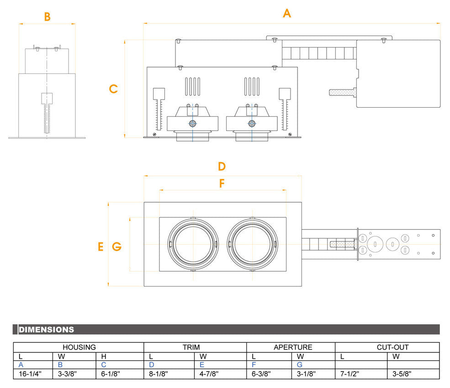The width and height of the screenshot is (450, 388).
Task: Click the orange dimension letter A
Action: pyautogui.click(x=286, y=13)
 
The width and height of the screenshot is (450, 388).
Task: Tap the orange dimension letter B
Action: pyautogui.click(x=47, y=17)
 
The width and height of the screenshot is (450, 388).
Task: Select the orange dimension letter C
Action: pyautogui.click(x=113, y=89)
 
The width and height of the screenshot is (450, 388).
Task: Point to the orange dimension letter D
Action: pyautogui.click(x=222, y=166)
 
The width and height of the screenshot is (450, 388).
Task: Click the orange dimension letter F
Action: pyautogui.click(x=222, y=184)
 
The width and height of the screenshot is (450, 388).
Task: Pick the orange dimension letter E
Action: pyautogui.click(x=101, y=247)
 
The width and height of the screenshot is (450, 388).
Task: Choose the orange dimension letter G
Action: pyautogui.click(x=116, y=247)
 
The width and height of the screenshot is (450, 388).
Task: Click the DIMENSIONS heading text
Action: pyautogui.click(x=46, y=330)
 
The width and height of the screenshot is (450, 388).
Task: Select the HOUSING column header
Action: pyautogui.click(x=79, y=347)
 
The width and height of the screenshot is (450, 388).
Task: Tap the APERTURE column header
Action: pyautogui.click(x=293, y=347)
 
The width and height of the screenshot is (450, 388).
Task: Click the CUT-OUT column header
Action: pyautogui.click(x=392, y=347)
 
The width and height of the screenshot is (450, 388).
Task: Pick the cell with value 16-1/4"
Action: pyautogui.click(x=30, y=374)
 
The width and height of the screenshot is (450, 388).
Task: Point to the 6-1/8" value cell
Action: pyautogui.click(x=111, y=374)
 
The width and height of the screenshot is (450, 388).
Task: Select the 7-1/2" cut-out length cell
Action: pyautogui.click(x=349, y=374)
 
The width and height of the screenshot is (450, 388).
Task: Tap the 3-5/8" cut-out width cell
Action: pyautogui.click(x=402, y=374)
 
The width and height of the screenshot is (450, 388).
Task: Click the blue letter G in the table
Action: pyautogui.click(x=300, y=365)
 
